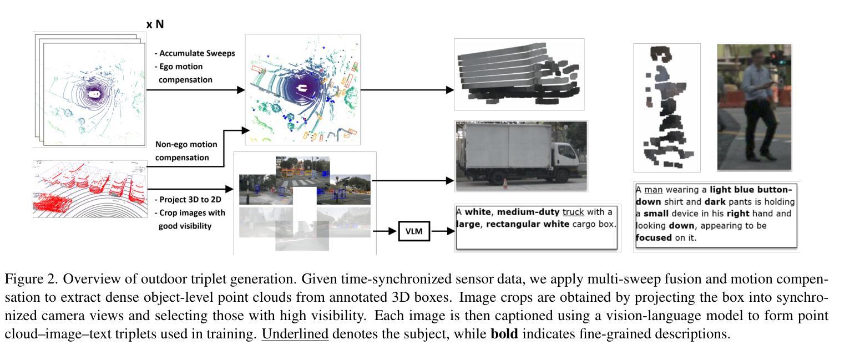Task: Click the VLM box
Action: coord(414,231)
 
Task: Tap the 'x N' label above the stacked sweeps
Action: coord(155,24)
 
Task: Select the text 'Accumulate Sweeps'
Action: coord(197,53)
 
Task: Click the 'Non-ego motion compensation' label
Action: coord(186,151)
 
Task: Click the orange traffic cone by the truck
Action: coord(505,183)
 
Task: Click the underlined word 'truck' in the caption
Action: coord(573,212)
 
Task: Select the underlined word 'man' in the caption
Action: coord(654,190)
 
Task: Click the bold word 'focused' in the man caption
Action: coord(654,238)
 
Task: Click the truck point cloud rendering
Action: coord(518,74)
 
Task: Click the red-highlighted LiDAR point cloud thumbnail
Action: coord(90,189)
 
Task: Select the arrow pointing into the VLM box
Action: coord(386,231)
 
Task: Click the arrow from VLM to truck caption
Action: coord(442,231)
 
